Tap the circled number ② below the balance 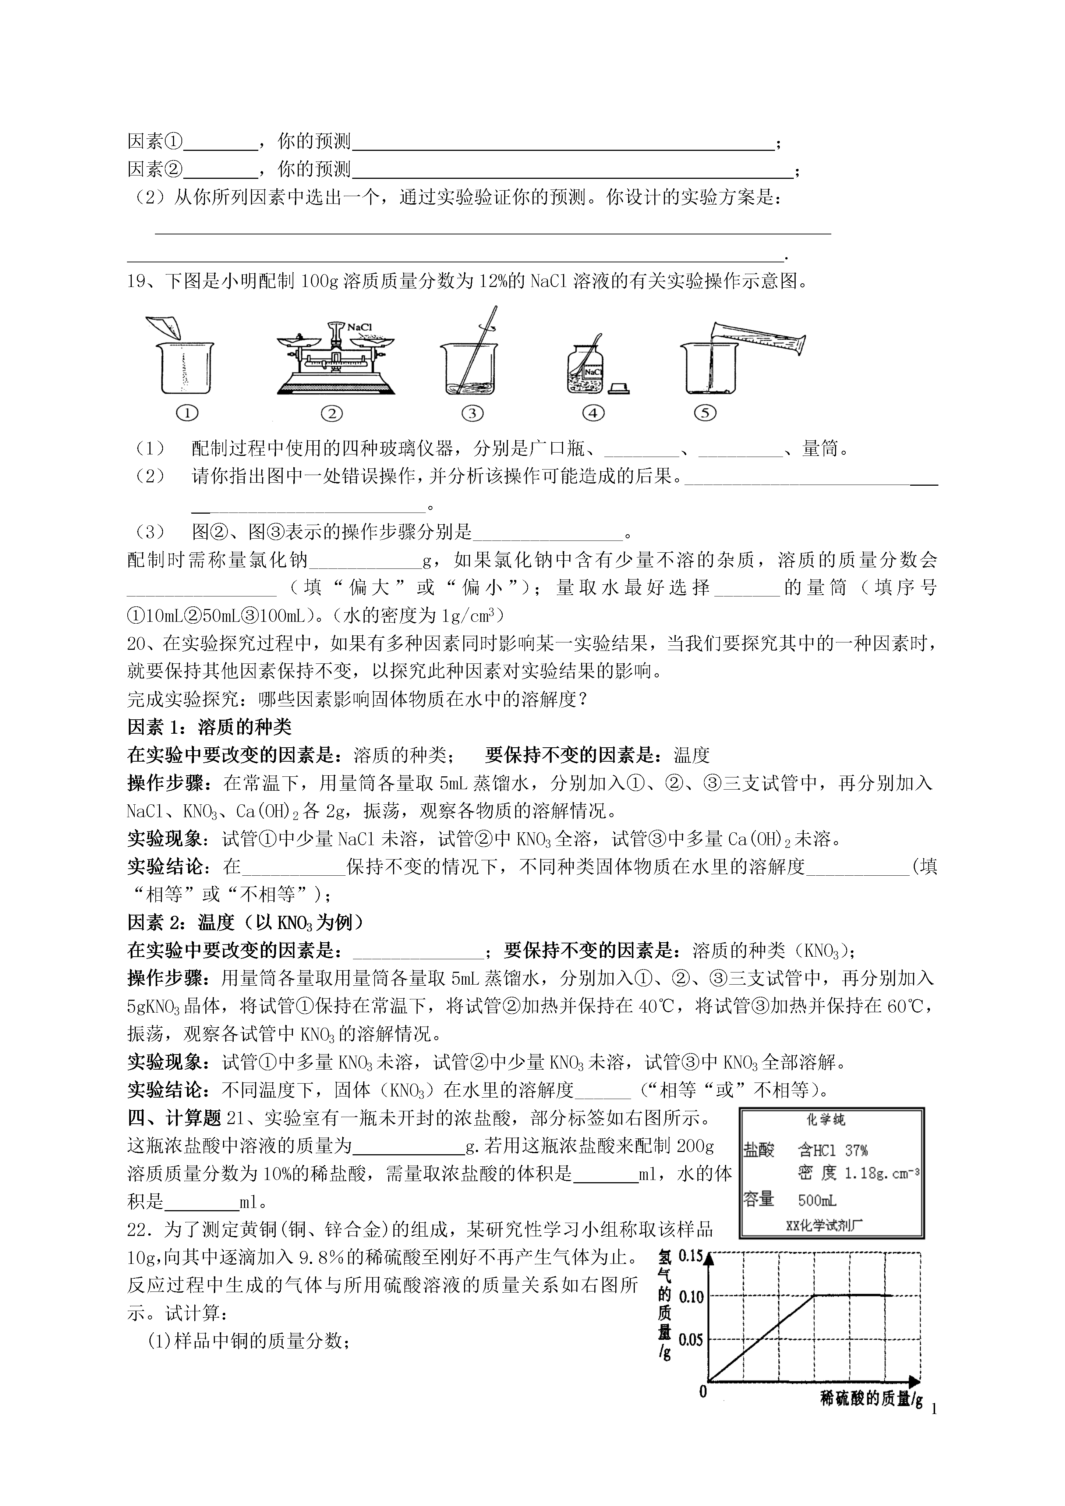pyautogui.click(x=332, y=413)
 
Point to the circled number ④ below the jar pyautogui.click(x=593, y=413)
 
